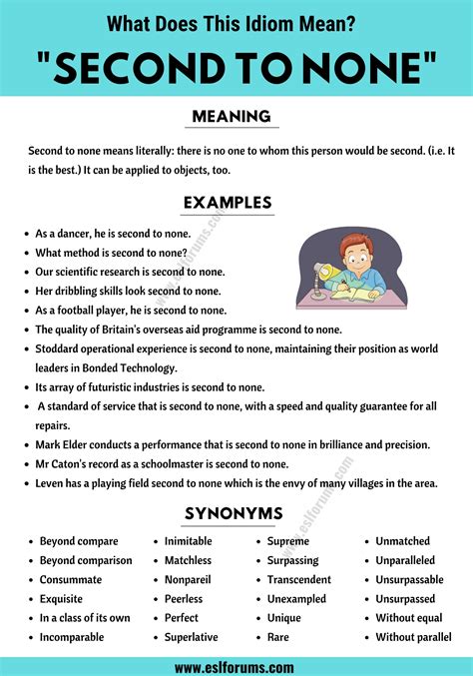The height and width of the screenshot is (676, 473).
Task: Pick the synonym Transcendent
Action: tap(298, 580)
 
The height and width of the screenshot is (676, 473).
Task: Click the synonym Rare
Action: tap(279, 637)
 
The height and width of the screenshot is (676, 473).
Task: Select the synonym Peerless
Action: tap(184, 599)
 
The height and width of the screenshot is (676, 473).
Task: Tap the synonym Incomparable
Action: tap(74, 637)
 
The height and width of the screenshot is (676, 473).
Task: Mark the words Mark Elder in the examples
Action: tap(68, 444)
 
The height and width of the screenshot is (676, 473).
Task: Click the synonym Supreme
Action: tap(288, 541)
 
